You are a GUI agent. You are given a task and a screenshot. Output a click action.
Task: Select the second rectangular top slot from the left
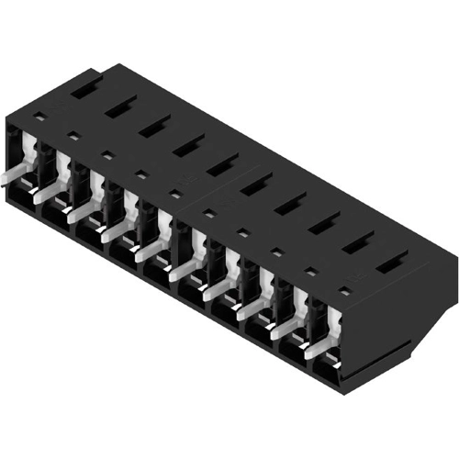pyautogui.click(x=120, y=107)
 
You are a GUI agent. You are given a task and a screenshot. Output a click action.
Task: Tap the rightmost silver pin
pyautogui.click(x=318, y=346)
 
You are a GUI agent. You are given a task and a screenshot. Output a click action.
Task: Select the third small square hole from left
pyautogui.click(x=107, y=156)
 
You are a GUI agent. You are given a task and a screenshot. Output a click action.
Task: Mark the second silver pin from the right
pyautogui.click(x=285, y=328)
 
